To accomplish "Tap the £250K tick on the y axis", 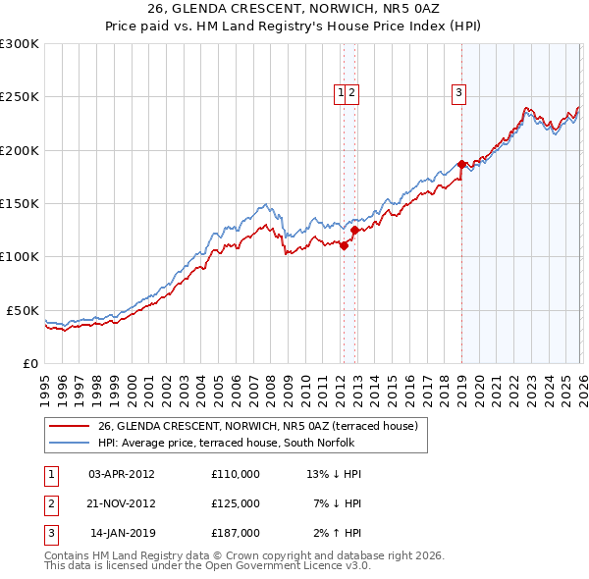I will [20, 97].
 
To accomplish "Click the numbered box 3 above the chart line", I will [458, 94].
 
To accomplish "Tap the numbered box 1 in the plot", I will [341, 94].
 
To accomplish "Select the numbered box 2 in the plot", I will [351, 94].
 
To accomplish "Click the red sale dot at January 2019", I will [460, 165].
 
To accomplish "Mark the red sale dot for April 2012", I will [344, 246].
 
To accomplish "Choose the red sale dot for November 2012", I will [354, 231].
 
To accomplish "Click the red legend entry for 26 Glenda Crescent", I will [258, 426].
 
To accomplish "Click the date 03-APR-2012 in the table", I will [122, 474].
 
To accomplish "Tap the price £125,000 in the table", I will [235, 503].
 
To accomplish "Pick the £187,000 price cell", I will [235, 533].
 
